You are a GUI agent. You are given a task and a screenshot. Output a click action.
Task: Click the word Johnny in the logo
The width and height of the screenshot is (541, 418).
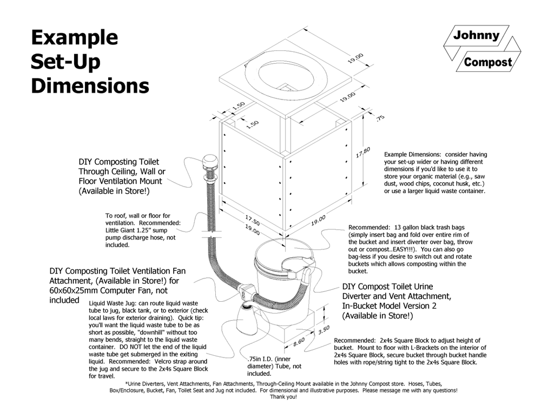(x=476, y=36)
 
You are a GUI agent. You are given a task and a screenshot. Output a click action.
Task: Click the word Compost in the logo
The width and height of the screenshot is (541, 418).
(x=487, y=62)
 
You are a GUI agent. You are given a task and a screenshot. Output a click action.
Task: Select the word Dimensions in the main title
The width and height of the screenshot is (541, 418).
(x=90, y=85)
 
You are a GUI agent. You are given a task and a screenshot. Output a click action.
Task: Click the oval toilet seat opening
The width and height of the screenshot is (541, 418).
(x=284, y=75)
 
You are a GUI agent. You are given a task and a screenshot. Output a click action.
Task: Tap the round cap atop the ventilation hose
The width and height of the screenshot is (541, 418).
(x=209, y=161)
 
